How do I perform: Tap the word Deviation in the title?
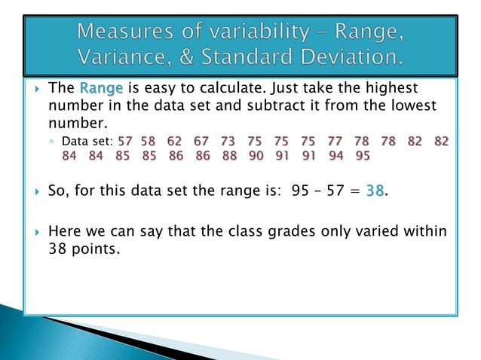351,58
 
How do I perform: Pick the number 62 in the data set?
175,141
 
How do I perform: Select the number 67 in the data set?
201,141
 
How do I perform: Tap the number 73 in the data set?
228,141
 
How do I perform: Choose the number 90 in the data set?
256,157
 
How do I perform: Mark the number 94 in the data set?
335,157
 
